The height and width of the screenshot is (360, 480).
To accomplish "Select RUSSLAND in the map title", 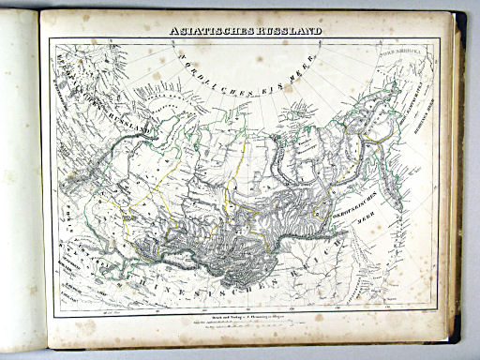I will click(289, 31).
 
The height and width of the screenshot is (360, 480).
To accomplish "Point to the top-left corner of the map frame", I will click(51, 40).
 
